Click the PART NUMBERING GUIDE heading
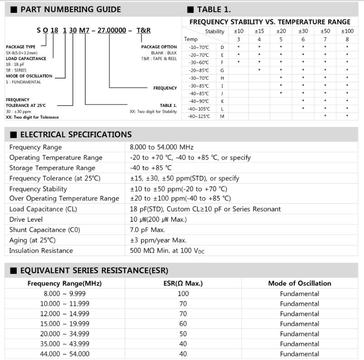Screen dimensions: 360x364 click(x=71, y=9)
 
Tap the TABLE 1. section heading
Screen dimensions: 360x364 click(x=214, y=9)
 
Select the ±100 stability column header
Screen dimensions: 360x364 click(x=347, y=31)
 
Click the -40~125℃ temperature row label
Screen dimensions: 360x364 click(x=199, y=117)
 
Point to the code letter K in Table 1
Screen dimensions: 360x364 click(x=222, y=101)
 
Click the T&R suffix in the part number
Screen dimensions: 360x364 click(x=144, y=30)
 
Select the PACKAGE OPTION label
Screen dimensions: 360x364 click(x=159, y=47)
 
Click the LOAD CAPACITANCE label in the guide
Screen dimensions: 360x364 click(x=26, y=58)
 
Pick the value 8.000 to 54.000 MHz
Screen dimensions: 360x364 click(x=161, y=147)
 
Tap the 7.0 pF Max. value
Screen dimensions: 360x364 click(x=147, y=230)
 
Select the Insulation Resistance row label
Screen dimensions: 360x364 click(x=41, y=250)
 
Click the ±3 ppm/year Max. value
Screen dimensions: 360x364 click(x=158, y=240)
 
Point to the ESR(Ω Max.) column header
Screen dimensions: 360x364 click(x=183, y=283)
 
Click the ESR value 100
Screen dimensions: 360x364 click(x=183, y=294)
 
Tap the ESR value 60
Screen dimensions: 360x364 click(x=183, y=324)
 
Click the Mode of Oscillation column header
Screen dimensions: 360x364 click(x=299, y=283)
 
